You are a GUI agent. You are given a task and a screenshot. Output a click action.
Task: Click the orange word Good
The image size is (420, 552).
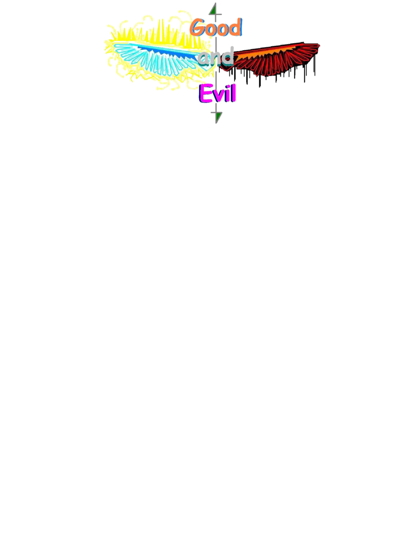pos(216,27)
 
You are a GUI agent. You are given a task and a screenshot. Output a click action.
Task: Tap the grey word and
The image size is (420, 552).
pos(216,56)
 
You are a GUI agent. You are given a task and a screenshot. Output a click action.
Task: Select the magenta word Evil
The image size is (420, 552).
pos(217,93)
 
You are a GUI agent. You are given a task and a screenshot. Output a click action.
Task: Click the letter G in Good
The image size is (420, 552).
pos(197,27)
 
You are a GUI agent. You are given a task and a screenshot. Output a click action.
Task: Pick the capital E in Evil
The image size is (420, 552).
pos(205,93)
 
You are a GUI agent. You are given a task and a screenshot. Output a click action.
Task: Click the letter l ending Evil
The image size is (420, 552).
pos(233,93)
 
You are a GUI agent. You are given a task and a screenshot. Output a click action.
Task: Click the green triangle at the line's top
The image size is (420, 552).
pos(213,9)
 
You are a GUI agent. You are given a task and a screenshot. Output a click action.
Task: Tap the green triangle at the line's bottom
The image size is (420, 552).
pos(219,117)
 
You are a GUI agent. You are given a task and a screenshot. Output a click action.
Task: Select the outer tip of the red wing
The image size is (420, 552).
pos(320,45)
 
